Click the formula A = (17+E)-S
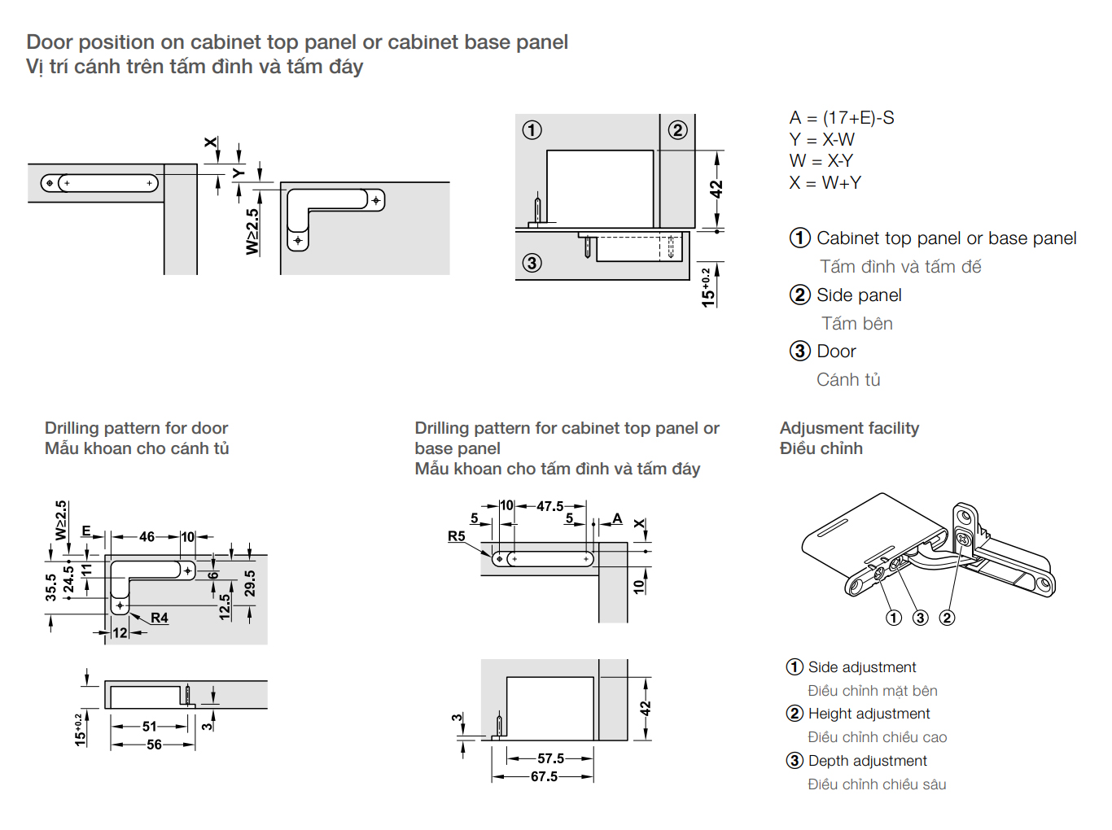pos(841,118)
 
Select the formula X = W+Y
pos(825,183)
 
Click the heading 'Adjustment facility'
pos(849,428)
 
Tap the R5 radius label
pos(456,536)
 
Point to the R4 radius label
pos(160,618)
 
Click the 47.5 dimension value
pos(550,506)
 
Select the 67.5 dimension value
pos(544,777)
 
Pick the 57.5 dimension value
pos(550,758)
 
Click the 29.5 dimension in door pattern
pos(250,583)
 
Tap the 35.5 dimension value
pos(51,588)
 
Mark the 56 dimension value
pos(154,745)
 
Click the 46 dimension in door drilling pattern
pos(147,537)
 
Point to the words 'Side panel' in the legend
pos(859,295)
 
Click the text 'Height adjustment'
pos(869,714)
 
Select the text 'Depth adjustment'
pos(867,761)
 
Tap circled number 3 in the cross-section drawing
pos(532,263)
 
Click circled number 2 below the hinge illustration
pos(947,618)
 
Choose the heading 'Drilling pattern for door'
pos(136,428)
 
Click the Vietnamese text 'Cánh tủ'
pos(848,380)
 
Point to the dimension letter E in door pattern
pos(86,531)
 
